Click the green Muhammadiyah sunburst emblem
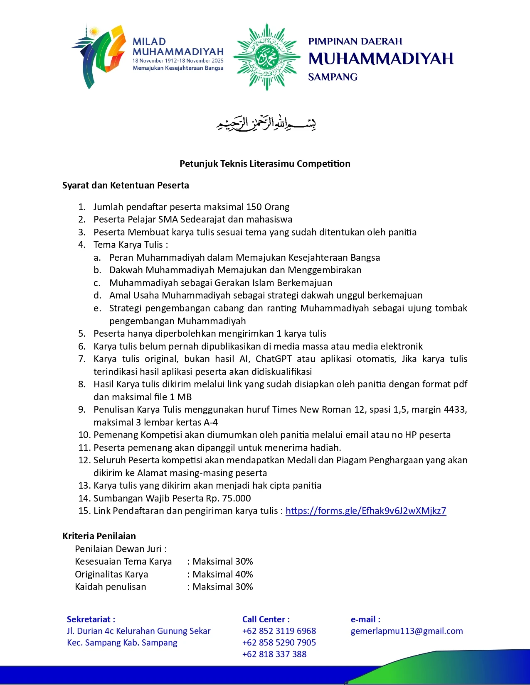(x=267, y=57)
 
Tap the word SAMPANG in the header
(x=333, y=77)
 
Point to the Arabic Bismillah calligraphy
(x=266, y=124)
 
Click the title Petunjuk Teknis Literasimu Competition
(x=265, y=164)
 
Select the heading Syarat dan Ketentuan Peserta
(x=126, y=185)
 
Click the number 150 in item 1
(x=254, y=207)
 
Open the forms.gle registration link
(x=366, y=511)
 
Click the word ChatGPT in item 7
(x=274, y=359)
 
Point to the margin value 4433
(x=454, y=409)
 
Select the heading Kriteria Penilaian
(x=99, y=536)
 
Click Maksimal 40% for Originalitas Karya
(x=223, y=574)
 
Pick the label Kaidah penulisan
(x=111, y=587)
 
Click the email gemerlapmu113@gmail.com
(x=407, y=631)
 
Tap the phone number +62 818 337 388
(x=274, y=654)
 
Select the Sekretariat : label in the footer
(x=91, y=619)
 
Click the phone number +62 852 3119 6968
(x=279, y=631)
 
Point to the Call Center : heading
(x=266, y=619)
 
